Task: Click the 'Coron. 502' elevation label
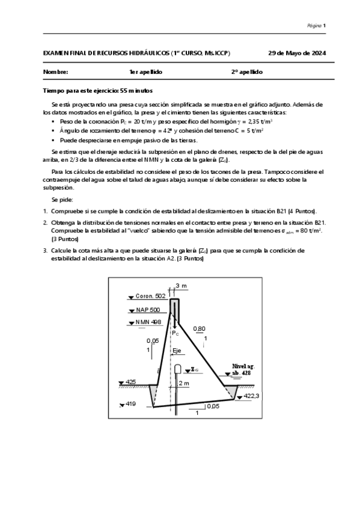click(150, 296)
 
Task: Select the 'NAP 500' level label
click(147, 310)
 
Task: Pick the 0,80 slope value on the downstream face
click(199, 328)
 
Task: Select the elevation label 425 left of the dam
click(130, 382)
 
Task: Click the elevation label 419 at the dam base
click(131, 404)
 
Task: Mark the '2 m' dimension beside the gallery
click(184, 383)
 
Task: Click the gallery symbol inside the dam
click(178, 369)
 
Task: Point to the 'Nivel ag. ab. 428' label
click(245, 369)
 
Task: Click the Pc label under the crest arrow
click(175, 333)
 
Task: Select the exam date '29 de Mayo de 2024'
click(297, 53)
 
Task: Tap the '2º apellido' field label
click(247, 72)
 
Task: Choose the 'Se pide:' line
click(63, 199)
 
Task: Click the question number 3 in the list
click(44, 249)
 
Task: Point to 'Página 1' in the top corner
click(316, 25)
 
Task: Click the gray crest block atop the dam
click(174, 307)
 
